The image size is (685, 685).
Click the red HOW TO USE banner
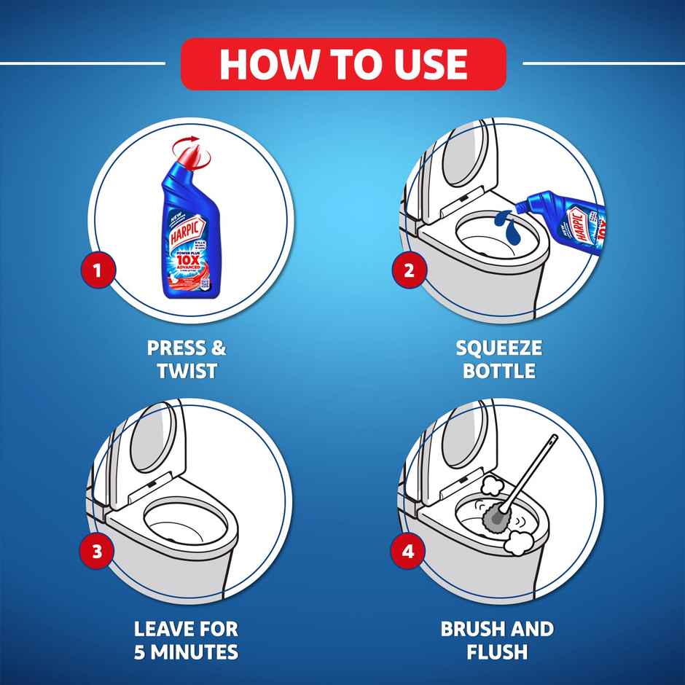coord(342,63)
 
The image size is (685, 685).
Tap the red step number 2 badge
coord(409,270)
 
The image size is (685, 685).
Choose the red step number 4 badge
coord(409,551)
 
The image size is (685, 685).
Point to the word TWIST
coord(187,371)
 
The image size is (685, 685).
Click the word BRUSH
coord(471,628)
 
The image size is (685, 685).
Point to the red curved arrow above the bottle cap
coord(192,140)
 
